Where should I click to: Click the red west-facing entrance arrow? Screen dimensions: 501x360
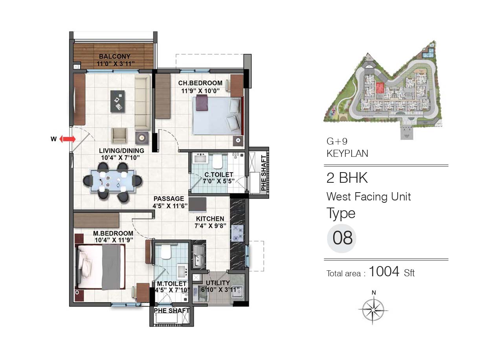click(68, 139)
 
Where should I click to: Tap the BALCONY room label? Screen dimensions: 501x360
click(114, 56)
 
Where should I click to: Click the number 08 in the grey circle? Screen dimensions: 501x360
click(342, 238)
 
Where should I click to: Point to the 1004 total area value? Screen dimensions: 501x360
click(384, 272)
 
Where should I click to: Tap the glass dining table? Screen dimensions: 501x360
click(113, 181)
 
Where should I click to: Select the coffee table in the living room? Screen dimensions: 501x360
click(117, 101)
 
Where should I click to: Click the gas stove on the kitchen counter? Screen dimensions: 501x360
click(237, 233)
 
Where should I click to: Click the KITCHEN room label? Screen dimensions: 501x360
click(210, 219)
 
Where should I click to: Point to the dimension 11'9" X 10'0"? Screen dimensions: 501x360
click(200, 91)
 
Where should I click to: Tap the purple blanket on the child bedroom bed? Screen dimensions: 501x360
click(202, 103)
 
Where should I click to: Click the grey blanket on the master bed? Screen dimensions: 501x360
click(111, 267)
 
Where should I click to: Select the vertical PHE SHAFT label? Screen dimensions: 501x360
click(264, 173)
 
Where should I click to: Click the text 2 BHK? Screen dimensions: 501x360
click(347, 178)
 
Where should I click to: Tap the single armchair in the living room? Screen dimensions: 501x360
click(119, 136)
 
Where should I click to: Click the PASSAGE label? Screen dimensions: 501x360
click(169, 199)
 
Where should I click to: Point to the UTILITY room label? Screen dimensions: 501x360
click(218, 283)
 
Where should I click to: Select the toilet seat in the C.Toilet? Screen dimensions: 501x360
click(217, 162)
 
